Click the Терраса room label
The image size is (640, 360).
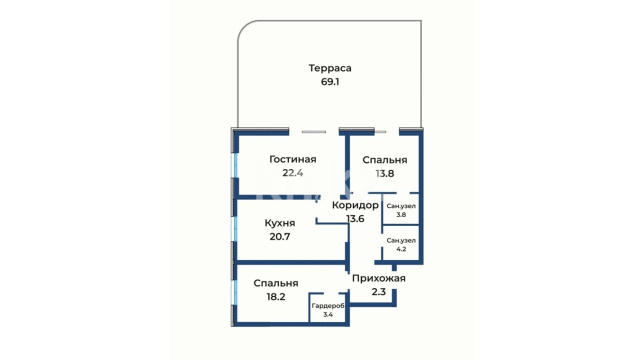click(x=330, y=68)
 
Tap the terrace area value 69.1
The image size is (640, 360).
click(x=330, y=82)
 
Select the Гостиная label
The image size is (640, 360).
click(x=293, y=159)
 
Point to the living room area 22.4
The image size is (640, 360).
click(x=293, y=173)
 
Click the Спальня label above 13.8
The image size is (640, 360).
click(x=385, y=160)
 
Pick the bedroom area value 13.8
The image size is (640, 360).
click(x=385, y=173)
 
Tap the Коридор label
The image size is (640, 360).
click(x=355, y=205)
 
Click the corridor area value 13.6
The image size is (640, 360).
click(x=355, y=219)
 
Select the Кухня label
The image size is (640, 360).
click(x=280, y=223)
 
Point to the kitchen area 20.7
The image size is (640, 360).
click(x=280, y=237)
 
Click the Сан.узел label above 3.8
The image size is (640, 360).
click(x=401, y=206)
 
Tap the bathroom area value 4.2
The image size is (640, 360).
click(x=401, y=249)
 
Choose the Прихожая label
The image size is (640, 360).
click(x=379, y=278)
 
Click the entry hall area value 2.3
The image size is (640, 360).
click(x=379, y=292)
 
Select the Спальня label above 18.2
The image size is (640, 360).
click(x=276, y=283)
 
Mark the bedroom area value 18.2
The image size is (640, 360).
click(x=276, y=297)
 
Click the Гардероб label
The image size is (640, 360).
click(x=328, y=306)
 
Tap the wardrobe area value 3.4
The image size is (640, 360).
click(x=328, y=315)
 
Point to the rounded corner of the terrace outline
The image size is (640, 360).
click(x=244, y=27)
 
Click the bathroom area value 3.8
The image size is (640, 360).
click(x=401, y=215)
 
